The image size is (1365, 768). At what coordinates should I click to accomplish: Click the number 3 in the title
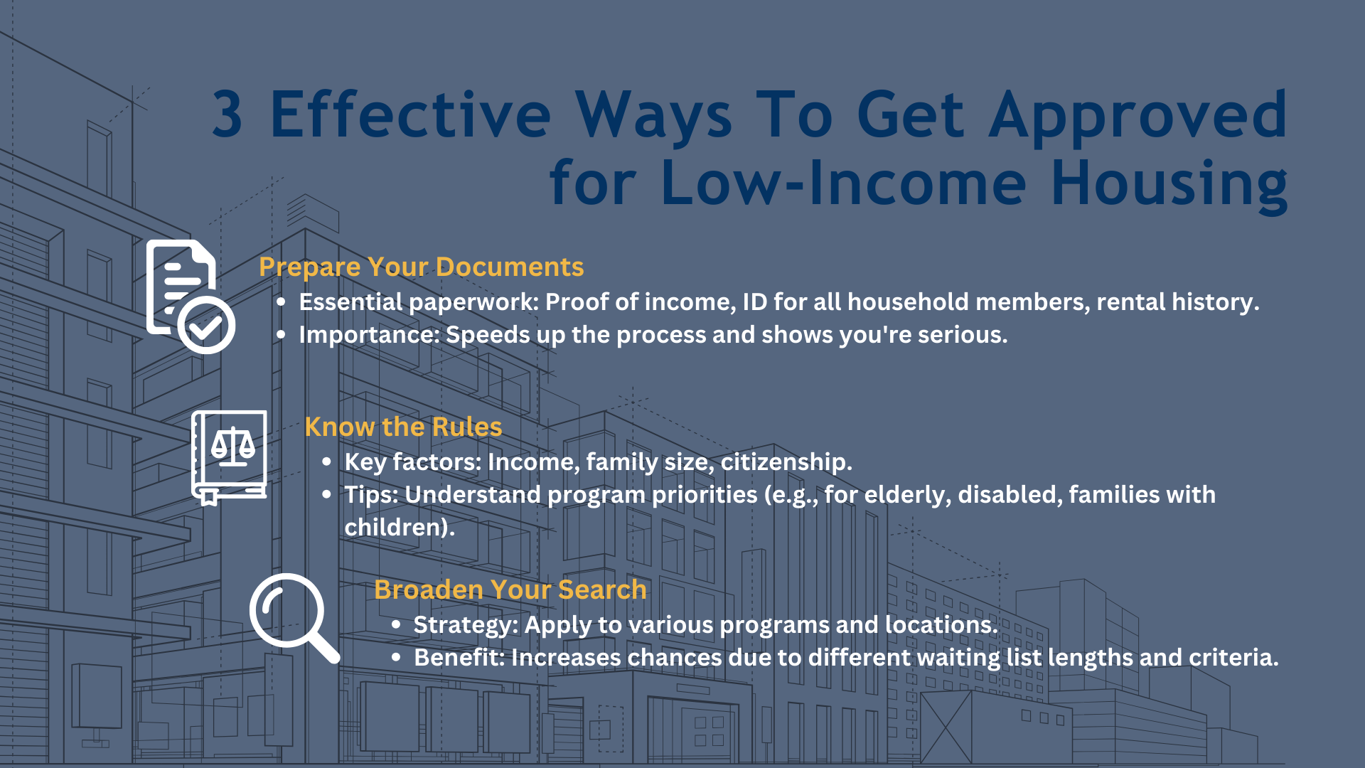point(227,115)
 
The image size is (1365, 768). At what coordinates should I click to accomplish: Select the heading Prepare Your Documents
point(421,267)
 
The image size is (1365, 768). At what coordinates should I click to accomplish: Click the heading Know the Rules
point(403,427)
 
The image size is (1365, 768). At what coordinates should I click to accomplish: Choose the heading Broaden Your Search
point(510,590)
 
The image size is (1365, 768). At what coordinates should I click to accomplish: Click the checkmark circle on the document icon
point(206,326)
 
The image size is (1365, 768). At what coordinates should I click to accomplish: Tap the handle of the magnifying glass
point(323,646)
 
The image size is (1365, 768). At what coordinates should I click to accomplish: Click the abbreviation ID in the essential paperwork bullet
point(754,302)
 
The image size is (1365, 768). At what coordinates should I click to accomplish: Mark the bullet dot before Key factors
point(326,462)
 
